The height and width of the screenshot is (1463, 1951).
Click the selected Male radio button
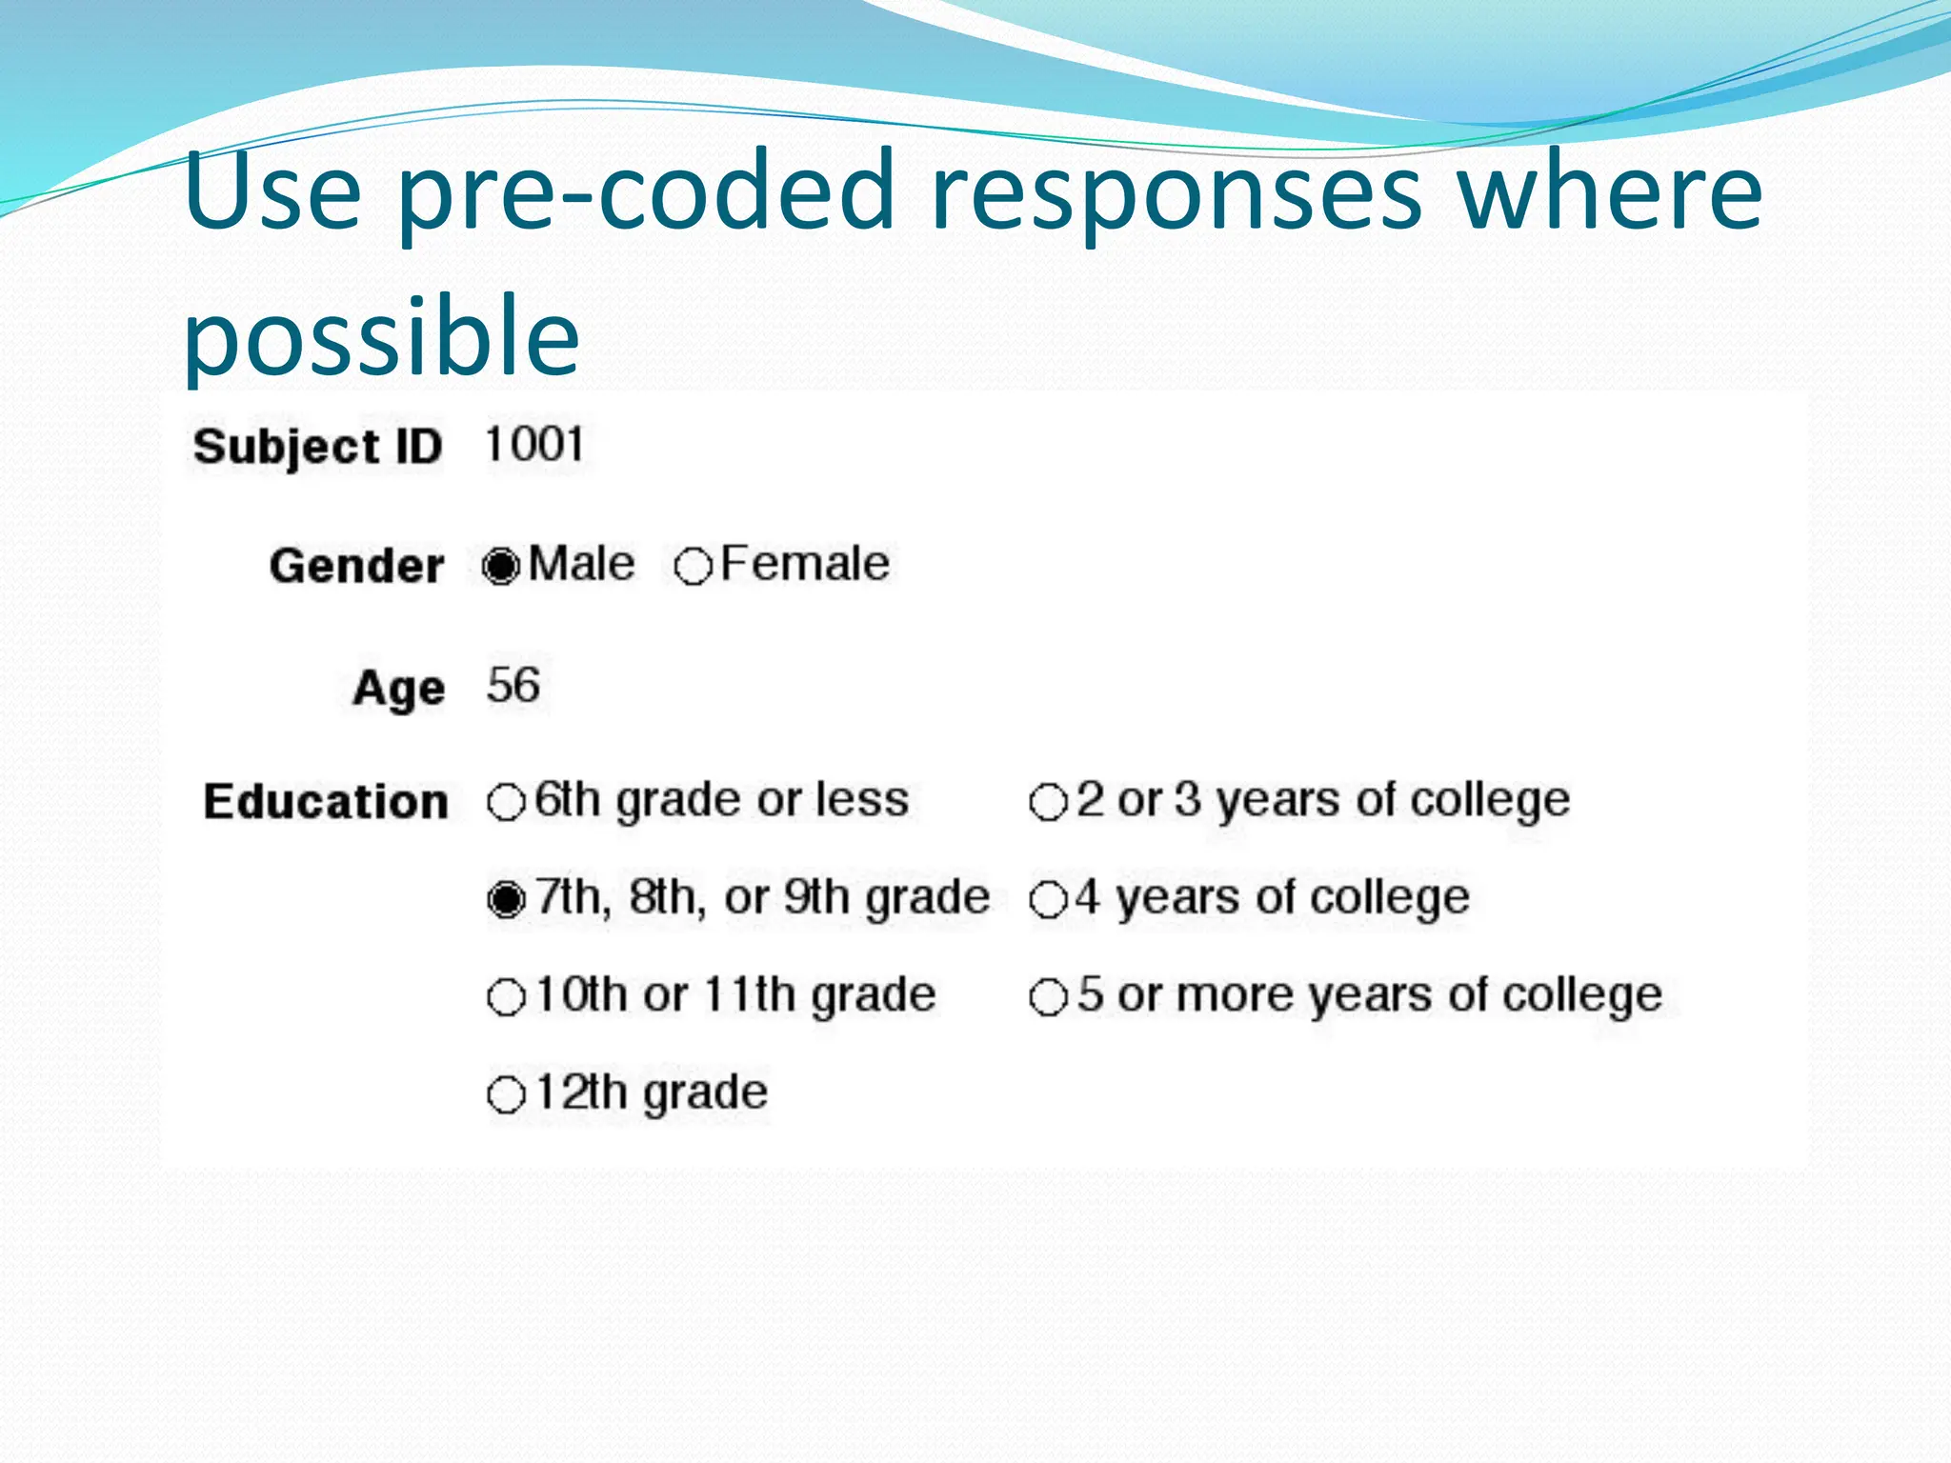click(x=501, y=567)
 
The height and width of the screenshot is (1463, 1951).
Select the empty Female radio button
click(x=693, y=567)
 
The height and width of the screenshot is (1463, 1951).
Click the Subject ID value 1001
click(x=534, y=445)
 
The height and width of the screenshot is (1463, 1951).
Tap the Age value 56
click(x=513, y=685)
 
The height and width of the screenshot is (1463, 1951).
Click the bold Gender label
click(x=356, y=566)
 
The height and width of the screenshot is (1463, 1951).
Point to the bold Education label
click(x=326, y=801)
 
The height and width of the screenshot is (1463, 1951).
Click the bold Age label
click(x=398, y=687)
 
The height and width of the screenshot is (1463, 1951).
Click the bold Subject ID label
click(x=318, y=447)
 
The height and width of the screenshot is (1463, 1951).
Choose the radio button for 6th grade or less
click(x=506, y=802)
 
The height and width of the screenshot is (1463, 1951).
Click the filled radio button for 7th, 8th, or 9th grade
click(x=506, y=899)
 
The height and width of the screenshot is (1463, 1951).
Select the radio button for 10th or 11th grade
click(x=506, y=997)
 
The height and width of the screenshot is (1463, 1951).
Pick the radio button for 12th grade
click(x=506, y=1094)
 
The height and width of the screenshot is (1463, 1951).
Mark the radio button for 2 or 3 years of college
click(x=1048, y=802)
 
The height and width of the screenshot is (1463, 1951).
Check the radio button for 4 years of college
click(x=1048, y=899)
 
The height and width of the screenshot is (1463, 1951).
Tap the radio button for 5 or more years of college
click(x=1048, y=997)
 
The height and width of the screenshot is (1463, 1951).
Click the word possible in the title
click(x=381, y=336)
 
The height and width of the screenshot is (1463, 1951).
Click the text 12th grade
click(x=652, y=1092)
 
